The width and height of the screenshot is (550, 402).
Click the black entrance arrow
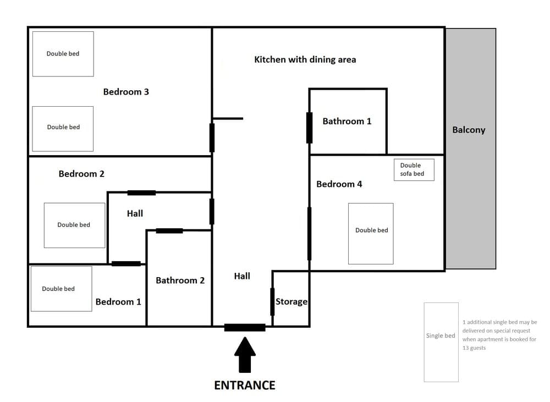pos(245,356)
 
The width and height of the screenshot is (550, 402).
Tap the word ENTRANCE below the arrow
pos(245,385)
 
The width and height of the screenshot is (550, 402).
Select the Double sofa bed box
pos(414,169)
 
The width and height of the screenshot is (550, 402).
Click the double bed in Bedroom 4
pos(371,233)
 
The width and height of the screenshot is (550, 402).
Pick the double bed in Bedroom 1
pos(61,288)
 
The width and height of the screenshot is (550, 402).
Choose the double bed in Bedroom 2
pos(74,225)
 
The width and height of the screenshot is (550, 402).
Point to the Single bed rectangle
pos(441,342)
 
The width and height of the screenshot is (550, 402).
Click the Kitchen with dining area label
pos(305,59)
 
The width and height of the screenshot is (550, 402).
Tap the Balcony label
pos(469,130)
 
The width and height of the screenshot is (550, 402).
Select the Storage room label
pos(291,301)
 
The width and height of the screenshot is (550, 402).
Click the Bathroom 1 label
pos(346,121)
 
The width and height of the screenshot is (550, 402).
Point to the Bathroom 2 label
pos(180,280)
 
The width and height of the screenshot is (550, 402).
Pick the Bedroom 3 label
pos(126,92)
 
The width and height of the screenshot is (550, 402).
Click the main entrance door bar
pos(245,327)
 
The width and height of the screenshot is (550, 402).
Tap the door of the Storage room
pos(272,301)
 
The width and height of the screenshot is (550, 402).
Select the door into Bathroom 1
pos(310,128)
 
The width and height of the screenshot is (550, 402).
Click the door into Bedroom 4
pos(310,233)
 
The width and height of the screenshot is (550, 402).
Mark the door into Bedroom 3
pos(212,137)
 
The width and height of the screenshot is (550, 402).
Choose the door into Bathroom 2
pos(169,230)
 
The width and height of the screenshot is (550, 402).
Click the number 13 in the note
pos(467,348)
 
